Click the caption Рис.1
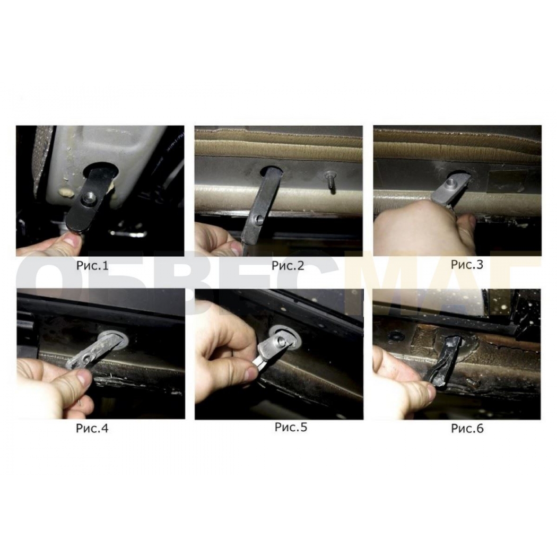point(92,266)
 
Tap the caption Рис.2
point(288,266)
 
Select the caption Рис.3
point(467,265)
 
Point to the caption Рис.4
point(92,428)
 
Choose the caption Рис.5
point(291,427)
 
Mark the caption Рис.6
point(467,429)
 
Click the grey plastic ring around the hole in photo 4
point(112,339)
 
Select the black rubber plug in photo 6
point(446,362)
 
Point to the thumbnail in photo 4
point(84,377)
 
